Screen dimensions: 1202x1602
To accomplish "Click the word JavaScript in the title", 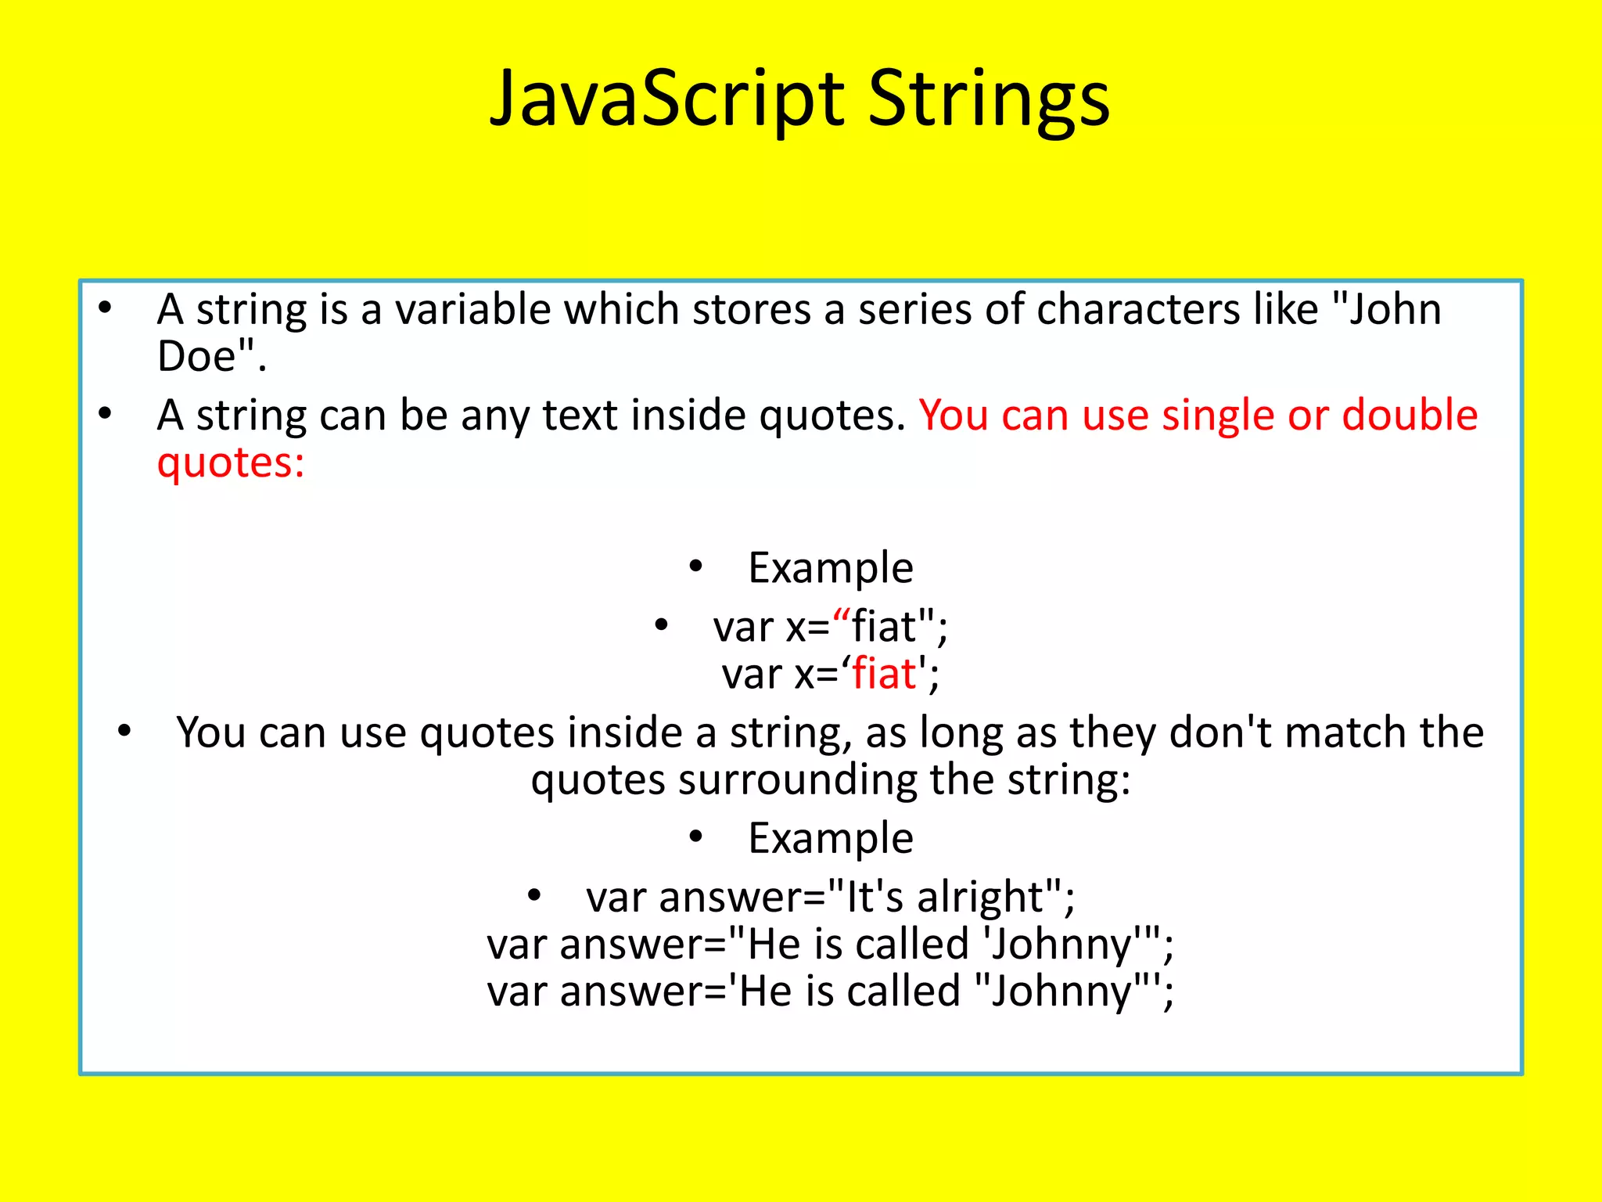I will pos(666,99).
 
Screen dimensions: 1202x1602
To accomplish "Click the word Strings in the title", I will pos(989,99).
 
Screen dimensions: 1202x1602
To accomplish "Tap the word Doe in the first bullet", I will pos(196,357).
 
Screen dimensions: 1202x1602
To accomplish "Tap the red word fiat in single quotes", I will pos(883,674).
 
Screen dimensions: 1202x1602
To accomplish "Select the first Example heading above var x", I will pos(830,568).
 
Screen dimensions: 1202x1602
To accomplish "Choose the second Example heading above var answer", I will pos(830,839).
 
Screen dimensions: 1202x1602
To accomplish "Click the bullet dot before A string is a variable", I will pos(105,308).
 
